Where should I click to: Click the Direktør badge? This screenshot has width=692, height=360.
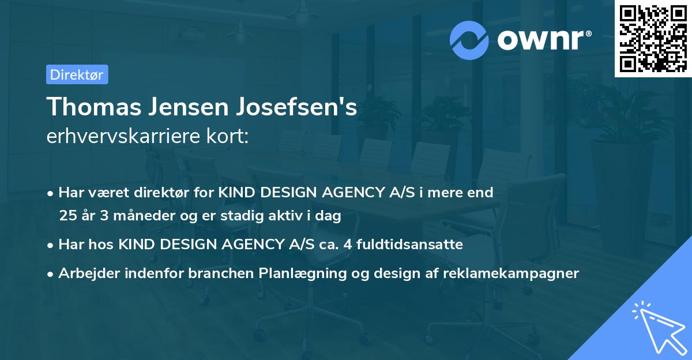coord(77,74)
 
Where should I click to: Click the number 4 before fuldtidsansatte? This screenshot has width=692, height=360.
coord(348,245)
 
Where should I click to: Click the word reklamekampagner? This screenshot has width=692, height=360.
coord(511,273)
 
